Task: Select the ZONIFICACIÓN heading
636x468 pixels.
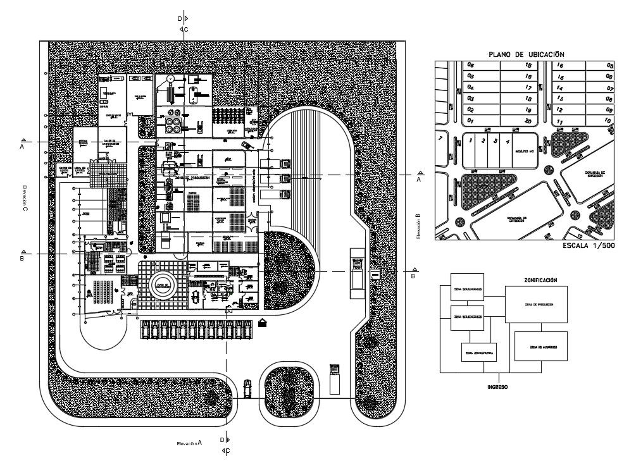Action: (540, 280)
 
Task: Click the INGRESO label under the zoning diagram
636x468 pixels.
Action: (497, 386)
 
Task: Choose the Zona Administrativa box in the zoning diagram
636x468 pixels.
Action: (480, 353)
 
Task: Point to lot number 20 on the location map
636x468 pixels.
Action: (528, 120)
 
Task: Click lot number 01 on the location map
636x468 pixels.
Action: (470, 120)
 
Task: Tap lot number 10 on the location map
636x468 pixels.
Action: (608, 120)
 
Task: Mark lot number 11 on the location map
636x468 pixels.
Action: (559, 120)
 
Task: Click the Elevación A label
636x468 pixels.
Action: (189, 444)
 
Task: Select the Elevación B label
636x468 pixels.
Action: (418, 226)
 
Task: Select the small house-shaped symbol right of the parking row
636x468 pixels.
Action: (263, 323)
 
